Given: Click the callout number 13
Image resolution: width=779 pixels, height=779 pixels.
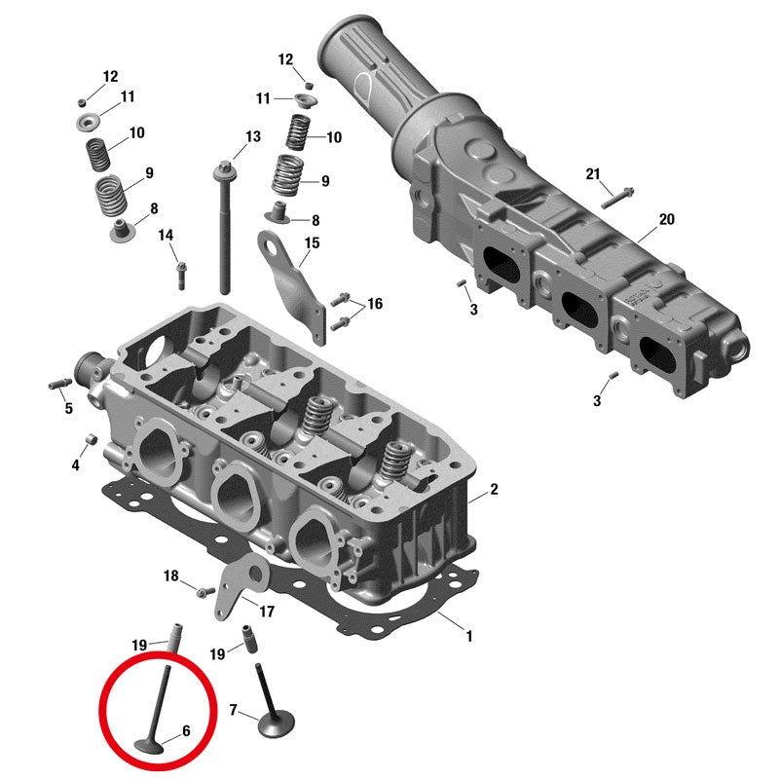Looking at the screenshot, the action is [253, 136].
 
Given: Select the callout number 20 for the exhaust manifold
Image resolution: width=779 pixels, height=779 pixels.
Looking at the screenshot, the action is [666, 219].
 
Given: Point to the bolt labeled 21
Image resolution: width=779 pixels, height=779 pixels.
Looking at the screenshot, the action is [617, 197].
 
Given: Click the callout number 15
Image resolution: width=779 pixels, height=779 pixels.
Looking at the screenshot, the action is [312, 242].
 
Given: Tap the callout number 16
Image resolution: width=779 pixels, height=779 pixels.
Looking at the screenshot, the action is [375, 303].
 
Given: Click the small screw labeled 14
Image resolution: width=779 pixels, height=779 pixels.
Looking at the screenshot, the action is [181, 276].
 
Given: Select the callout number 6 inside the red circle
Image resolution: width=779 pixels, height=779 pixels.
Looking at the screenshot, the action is [186, 730].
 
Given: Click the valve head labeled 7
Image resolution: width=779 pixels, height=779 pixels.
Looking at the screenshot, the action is [277, 724].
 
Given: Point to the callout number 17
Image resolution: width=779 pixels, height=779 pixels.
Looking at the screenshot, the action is [267, 612].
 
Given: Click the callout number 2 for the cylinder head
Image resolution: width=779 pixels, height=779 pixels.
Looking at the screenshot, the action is [494, 490].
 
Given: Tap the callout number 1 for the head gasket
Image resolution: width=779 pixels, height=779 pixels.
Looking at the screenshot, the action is [468, 636].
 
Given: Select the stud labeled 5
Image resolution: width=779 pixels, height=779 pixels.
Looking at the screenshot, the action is [60, 384].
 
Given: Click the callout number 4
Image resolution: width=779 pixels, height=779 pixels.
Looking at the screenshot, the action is [76, 465].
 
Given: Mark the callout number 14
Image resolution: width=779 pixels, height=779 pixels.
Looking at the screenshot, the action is [166, 235].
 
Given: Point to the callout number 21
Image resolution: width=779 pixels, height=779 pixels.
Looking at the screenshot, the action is [593, 174].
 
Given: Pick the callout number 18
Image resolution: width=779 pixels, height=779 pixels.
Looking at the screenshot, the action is [171, 575].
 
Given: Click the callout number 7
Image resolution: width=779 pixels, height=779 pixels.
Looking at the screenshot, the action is [233, 710].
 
